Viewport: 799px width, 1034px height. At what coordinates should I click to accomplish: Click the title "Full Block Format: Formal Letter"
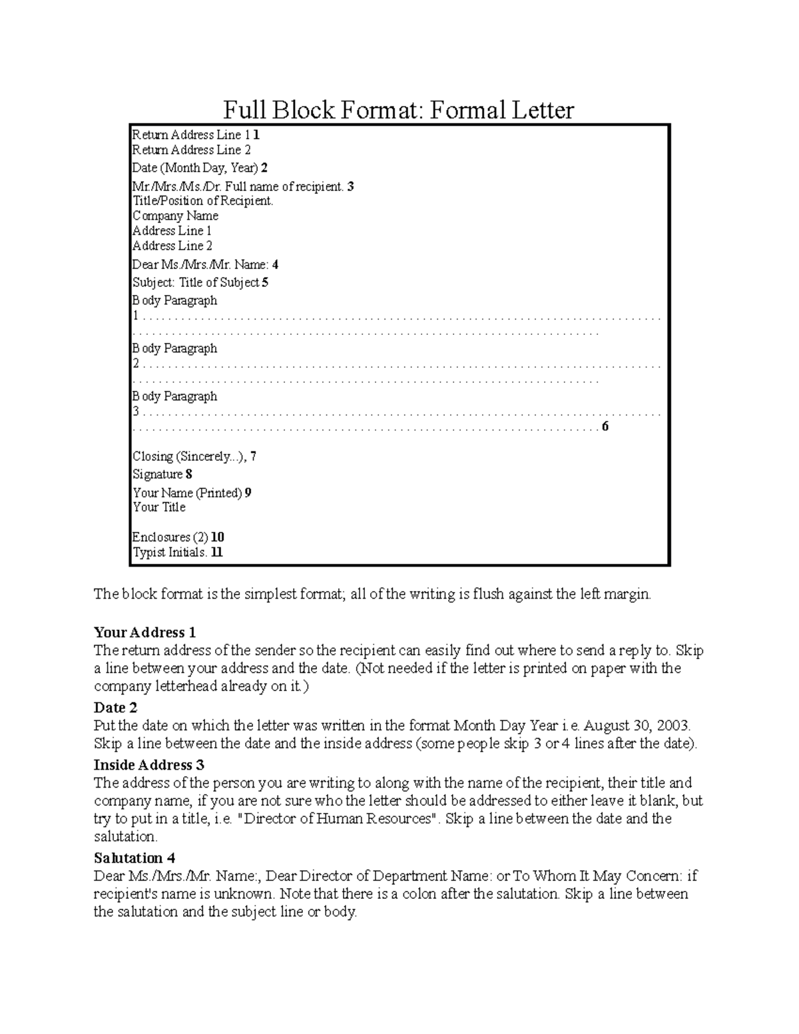(x=398, y=110)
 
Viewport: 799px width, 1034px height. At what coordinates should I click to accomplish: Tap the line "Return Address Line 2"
(x=192, y=150)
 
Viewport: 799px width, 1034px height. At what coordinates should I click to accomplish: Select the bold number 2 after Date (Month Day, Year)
(x=264, y=168)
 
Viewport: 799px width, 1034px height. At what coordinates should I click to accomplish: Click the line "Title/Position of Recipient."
(x=203, y=200)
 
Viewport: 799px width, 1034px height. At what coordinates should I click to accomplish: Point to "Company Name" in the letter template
(x=175, y=216)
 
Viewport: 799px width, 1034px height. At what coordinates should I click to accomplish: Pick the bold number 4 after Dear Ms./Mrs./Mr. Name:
(x=275, y=264)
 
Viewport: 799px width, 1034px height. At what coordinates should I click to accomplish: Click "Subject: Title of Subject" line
(x=196, y=282)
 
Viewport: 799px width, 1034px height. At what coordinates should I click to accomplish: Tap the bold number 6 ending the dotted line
(x=605, y=426)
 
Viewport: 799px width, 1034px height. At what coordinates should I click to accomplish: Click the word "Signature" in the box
(x=158, y=474)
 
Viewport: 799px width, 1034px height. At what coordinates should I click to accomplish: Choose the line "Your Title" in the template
(x=159, y=507)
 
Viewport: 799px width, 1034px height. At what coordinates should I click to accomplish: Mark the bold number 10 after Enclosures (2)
(x=218, y=537)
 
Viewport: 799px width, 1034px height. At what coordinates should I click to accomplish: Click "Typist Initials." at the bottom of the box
(x=170, y=552)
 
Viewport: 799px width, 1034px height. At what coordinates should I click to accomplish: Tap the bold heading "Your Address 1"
(x=145, y=632)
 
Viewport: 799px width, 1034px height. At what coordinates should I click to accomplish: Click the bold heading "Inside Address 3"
(x=149, y=764)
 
